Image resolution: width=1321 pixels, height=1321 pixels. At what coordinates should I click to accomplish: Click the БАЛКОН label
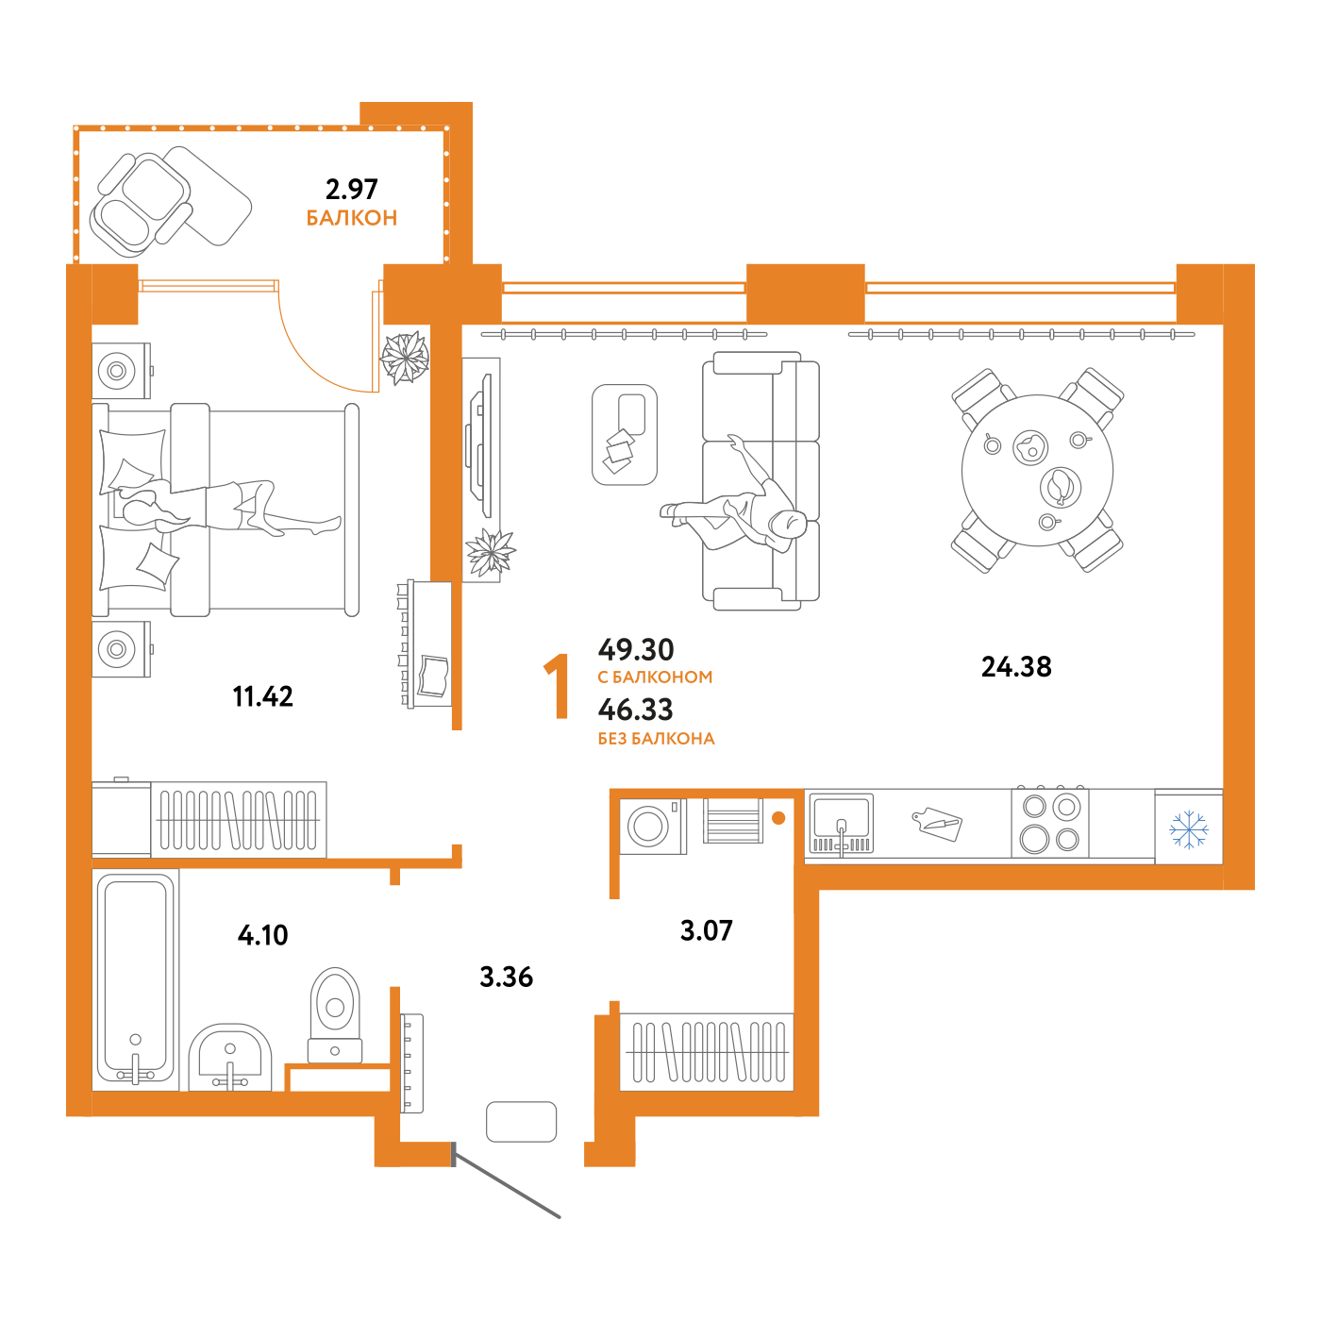point(352,218)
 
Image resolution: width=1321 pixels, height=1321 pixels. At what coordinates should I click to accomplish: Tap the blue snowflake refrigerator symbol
point(1189,829)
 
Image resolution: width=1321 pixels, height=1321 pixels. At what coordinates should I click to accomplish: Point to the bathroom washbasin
point(230,1057)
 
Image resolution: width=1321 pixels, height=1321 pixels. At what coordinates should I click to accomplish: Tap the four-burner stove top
point(1050,822)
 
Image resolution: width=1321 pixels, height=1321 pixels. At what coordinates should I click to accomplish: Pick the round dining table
point(1037,470)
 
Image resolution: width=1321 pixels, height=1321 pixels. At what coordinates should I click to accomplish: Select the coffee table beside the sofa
point(625,434)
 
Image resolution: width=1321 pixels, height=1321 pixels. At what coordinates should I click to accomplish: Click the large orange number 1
point(558,686)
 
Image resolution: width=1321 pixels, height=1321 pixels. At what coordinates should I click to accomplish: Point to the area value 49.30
point(636,649)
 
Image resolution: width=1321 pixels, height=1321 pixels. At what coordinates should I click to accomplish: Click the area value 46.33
point(635,710)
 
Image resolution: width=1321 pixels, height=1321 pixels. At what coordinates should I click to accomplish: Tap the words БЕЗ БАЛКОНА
point(656,739)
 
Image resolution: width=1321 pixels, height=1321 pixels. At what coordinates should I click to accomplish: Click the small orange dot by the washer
point(778,818)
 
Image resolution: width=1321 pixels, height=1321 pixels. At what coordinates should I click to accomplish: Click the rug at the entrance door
point(521,1122)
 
